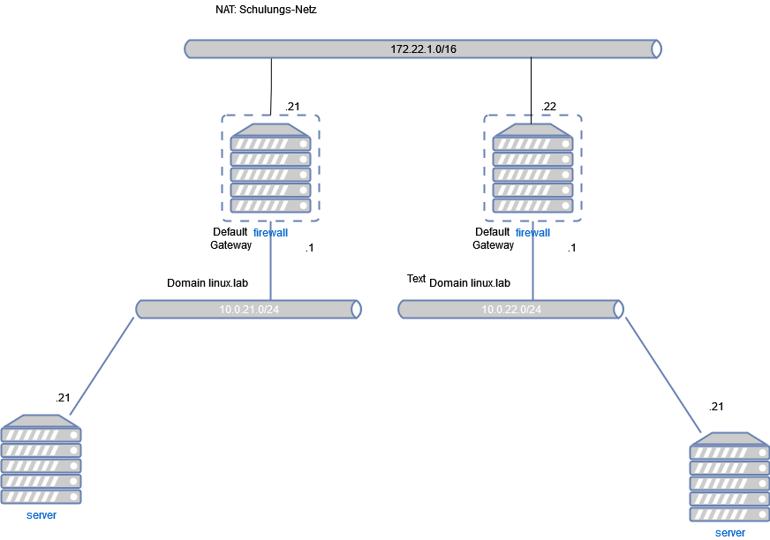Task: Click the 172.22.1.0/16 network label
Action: tap(423, 49)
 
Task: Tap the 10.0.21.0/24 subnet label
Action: tap(249, 310)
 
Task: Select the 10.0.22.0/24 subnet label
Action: tap(511, 310)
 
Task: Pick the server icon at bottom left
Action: tap(42, 460)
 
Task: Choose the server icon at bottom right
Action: tap(729, 477)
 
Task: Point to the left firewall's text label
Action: tap(270, 233)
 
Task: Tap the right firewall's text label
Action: tap(532, 233)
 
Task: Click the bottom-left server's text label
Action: tap(42, 515)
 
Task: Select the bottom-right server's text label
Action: tap(729, 533)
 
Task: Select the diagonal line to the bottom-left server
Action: tap(102, 366)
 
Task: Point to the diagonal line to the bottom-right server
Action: tap(663, 375)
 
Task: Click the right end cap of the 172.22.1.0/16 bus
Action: tap(656, 49)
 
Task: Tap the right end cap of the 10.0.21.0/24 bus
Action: tap(356, 310)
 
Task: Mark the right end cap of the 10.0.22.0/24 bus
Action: tap(618, 310)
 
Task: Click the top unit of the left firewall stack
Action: tap(270, 142)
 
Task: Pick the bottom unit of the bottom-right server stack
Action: tap(729, 514)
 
